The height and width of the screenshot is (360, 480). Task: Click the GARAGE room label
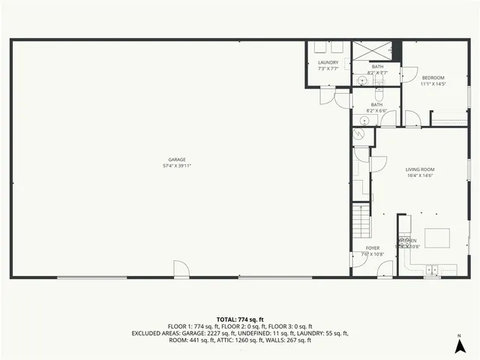coord(177,160)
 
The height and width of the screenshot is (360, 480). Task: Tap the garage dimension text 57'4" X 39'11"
coord(177,166)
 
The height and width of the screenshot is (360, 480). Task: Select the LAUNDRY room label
coord(328,62)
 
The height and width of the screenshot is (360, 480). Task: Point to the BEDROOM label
coord(433,77)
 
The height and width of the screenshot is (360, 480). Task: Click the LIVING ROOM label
coord(421,169)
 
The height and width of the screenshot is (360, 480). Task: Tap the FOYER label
coord(373,247)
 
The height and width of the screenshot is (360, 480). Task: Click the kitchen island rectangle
coord(439,239)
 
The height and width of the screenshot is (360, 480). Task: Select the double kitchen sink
coord(433,269)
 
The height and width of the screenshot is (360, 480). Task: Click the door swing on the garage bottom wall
coord(180,269)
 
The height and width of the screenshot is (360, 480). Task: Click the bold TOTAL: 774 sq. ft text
coord(240,319)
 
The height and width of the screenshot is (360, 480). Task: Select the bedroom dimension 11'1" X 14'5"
coord(433,83)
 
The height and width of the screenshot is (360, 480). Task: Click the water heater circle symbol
coord(358,133)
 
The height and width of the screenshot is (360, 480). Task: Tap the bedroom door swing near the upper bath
coord(408,74)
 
